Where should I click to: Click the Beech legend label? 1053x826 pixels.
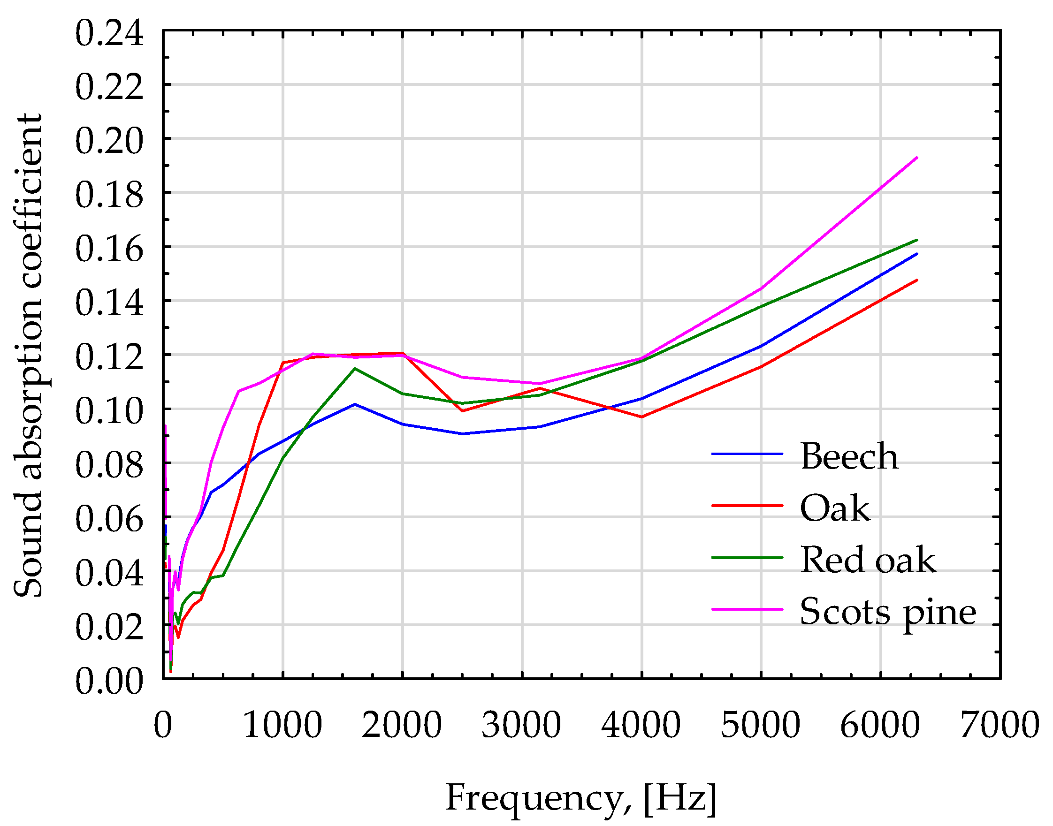[849, 456]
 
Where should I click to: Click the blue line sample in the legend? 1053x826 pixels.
[747, 454]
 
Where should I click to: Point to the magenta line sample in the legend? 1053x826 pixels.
[747, 609]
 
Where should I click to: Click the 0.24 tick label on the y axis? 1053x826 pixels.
[109, 34]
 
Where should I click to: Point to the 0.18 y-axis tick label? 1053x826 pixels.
[109, 196]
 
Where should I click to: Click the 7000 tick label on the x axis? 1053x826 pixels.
[1000, 725]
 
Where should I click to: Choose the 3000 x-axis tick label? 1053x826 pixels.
[521, 725]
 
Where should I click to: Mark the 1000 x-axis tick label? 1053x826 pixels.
[282, 725]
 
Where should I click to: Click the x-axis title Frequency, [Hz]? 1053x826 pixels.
[580, 797]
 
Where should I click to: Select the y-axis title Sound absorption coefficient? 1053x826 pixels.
[28, 356]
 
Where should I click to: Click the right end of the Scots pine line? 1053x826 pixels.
[916, 158]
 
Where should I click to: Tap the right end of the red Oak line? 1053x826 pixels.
[916, 280]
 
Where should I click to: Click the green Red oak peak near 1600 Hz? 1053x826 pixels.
[355, 369]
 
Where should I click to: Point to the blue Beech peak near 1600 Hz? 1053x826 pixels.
[355, 404]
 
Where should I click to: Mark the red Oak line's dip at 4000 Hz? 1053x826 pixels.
[641, 417]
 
